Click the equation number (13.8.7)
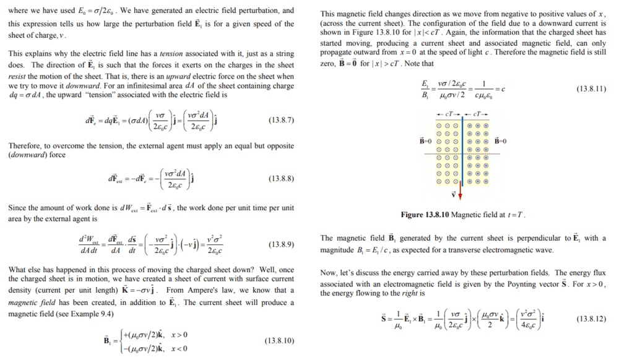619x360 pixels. (x=281, y=120)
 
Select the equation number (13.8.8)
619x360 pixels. (x=281, y=179)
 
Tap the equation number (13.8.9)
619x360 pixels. (x=281, y=244)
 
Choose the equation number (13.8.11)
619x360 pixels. (x=591, y=89)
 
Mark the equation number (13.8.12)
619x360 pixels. (x=591, y=319)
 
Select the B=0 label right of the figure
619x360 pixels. (x=501, y=141)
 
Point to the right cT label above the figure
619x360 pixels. (x=478, y=115)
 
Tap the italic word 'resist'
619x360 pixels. (x=19, y=74)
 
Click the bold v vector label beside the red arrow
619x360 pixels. (x=452, y=194)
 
